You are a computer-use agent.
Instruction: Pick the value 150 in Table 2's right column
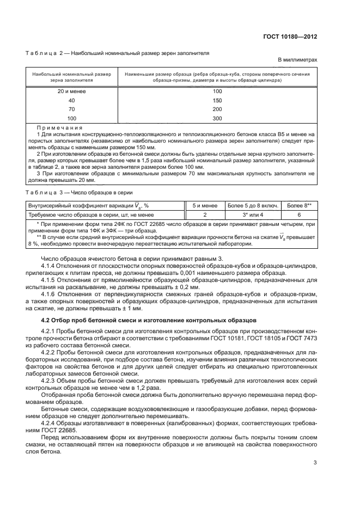(x=218, y=100)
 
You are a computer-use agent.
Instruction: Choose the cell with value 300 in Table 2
(x=218, y=118)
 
